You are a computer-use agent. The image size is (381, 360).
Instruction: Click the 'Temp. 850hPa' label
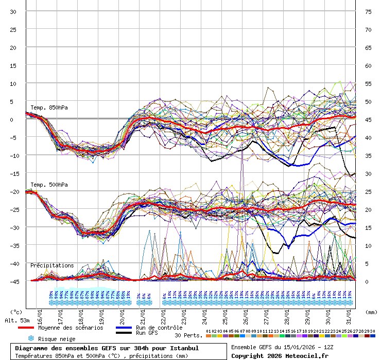coord(49,107)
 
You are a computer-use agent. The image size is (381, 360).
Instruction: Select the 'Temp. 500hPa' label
coord(49,185)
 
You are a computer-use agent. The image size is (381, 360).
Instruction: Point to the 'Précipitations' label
coord(52,265)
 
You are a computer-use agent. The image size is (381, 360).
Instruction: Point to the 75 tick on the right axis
coord(368,12)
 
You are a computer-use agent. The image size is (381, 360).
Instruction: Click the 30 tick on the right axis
coord(368,174)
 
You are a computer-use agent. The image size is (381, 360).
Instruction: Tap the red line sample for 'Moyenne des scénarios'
coord(26,328)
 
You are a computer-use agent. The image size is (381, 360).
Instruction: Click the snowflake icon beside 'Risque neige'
coord(31,338)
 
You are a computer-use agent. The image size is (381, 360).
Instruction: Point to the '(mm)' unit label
coord(370,312)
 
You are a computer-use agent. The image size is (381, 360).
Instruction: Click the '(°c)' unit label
coord(17,312)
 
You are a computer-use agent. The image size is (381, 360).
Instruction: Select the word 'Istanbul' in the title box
coord(182,348)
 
